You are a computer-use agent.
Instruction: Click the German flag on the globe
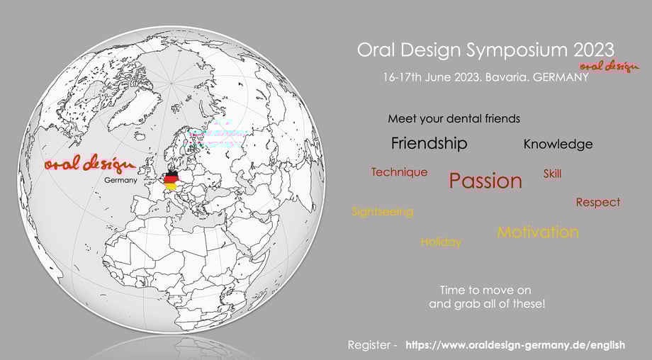click(171, 180)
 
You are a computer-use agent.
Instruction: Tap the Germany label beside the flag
click(120, 181)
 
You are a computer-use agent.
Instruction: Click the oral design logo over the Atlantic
click(90, 164)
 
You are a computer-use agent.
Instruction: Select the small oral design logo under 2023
click(609, 67)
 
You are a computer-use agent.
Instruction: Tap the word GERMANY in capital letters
click(561, 77)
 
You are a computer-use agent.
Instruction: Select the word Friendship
click(429, 143)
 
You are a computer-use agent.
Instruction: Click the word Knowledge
click(558, 145)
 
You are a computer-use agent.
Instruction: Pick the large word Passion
click(485, 181)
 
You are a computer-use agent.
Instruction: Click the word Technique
click(399, 172)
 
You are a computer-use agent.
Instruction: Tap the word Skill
click(552, 174)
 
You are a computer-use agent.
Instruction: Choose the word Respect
click(598, 203)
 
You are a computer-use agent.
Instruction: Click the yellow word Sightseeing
click(383, 212)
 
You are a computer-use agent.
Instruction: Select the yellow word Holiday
click(441, 242)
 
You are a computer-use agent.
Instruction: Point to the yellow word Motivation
click(538, 232)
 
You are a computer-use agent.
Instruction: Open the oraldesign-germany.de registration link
click(515, 345)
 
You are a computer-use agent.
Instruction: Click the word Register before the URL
click(369, 345)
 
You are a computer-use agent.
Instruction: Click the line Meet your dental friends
click(454, 119)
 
